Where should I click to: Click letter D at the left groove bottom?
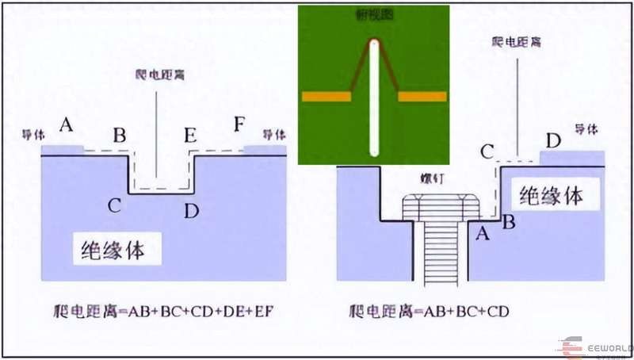tap(191, 211)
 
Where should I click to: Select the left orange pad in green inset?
tap(326, 97)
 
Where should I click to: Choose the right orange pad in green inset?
tap(422, 97)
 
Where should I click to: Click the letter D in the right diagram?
tap(553, 140)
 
